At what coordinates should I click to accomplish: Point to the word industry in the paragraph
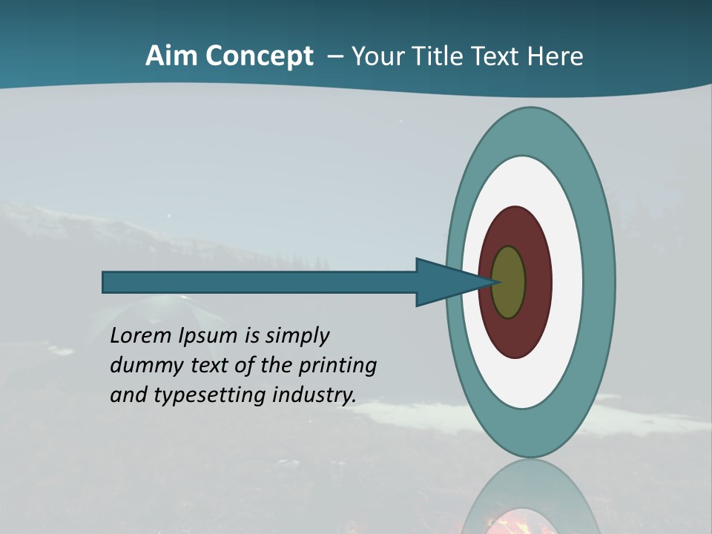314,395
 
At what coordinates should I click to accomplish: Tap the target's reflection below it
530,497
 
